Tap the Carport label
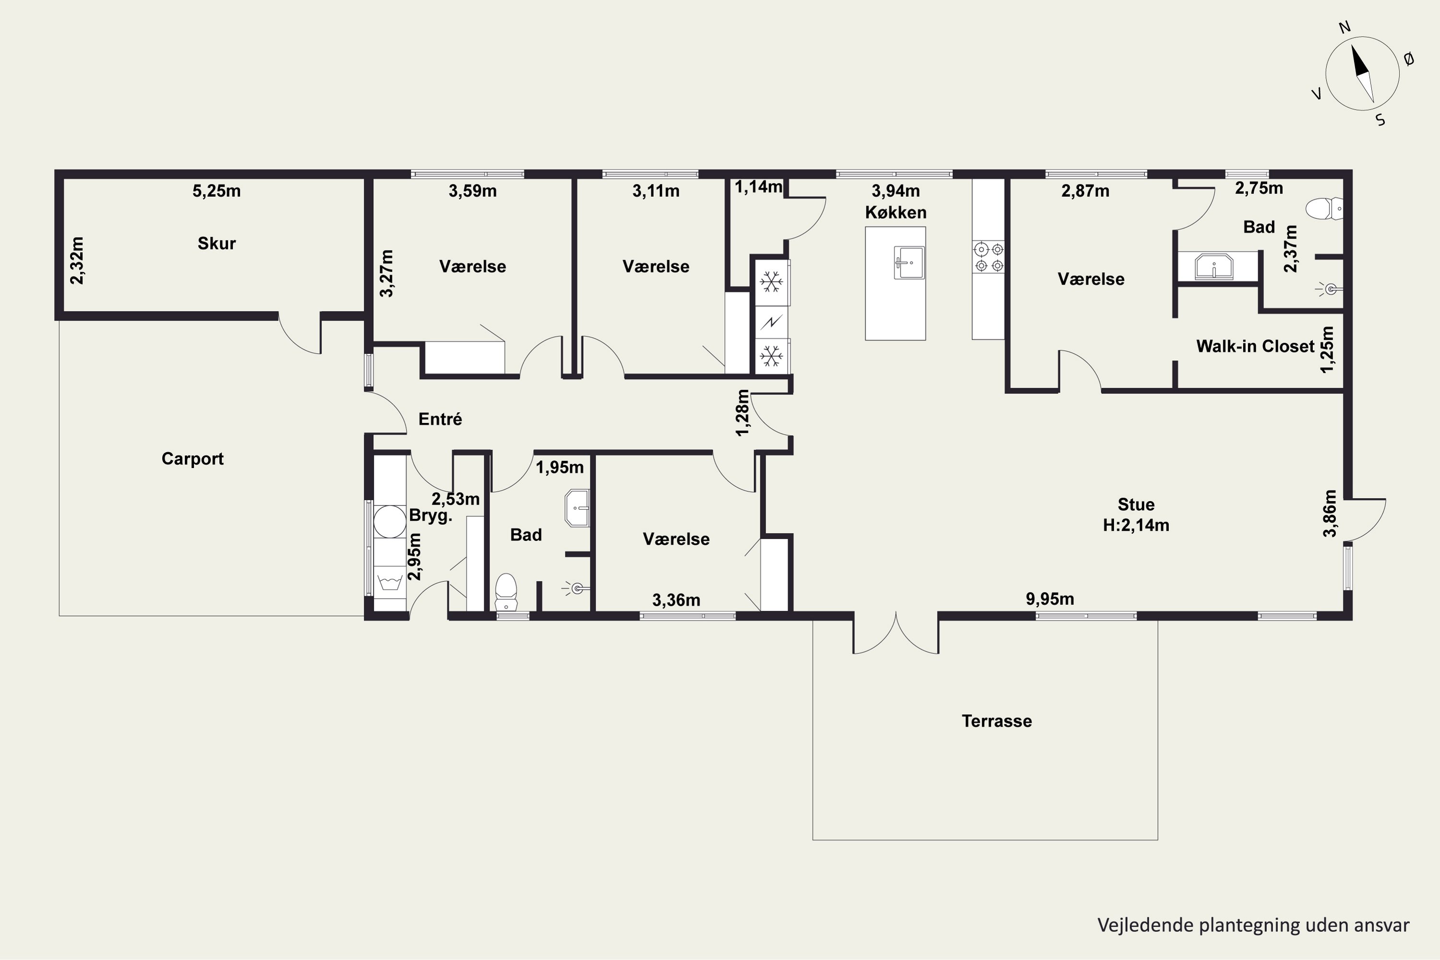(x=192, y=458)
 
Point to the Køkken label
(x=895, y=213)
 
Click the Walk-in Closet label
(x=1255, y=346)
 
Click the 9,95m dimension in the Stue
(x=1050, y=599)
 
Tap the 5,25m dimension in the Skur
(x=217, y=191)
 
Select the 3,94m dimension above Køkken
(x=896, y=191)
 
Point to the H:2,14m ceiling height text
(x=1136, y=525)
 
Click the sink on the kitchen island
(x=909, y=263)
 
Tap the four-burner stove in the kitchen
(x=989, y=257)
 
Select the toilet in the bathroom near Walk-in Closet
(x=1324, y=209)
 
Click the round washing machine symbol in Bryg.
(x=390, y=522)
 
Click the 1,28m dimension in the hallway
(x=742, y=413)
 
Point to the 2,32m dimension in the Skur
(x=77, y=260)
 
